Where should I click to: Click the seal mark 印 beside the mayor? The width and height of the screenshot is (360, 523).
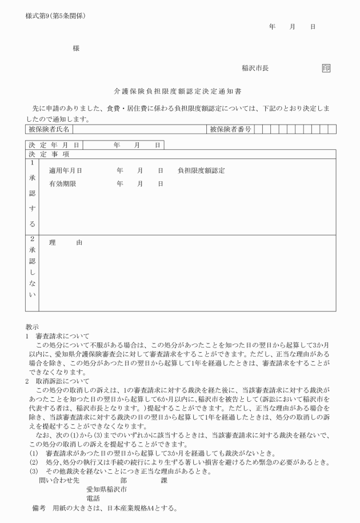(326, 69)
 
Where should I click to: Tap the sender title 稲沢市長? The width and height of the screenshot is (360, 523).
(255, 69)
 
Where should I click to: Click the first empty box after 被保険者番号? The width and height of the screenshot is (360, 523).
(258, 130)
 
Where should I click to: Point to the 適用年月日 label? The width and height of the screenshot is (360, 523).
(66, 170)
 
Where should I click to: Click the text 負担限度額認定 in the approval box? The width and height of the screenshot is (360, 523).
(201, 170)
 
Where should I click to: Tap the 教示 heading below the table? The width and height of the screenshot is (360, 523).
(32, 327)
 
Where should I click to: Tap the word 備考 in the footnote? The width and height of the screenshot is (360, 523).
(39, 508)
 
